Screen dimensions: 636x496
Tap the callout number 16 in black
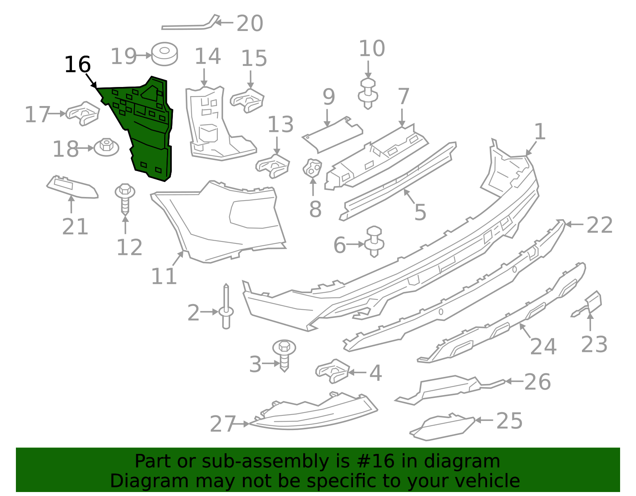[78, 65]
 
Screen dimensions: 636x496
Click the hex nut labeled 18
[107, 147]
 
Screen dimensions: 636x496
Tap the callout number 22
[599, 225]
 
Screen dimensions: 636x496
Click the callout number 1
[539, 131]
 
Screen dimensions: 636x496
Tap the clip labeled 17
[82, 113]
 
